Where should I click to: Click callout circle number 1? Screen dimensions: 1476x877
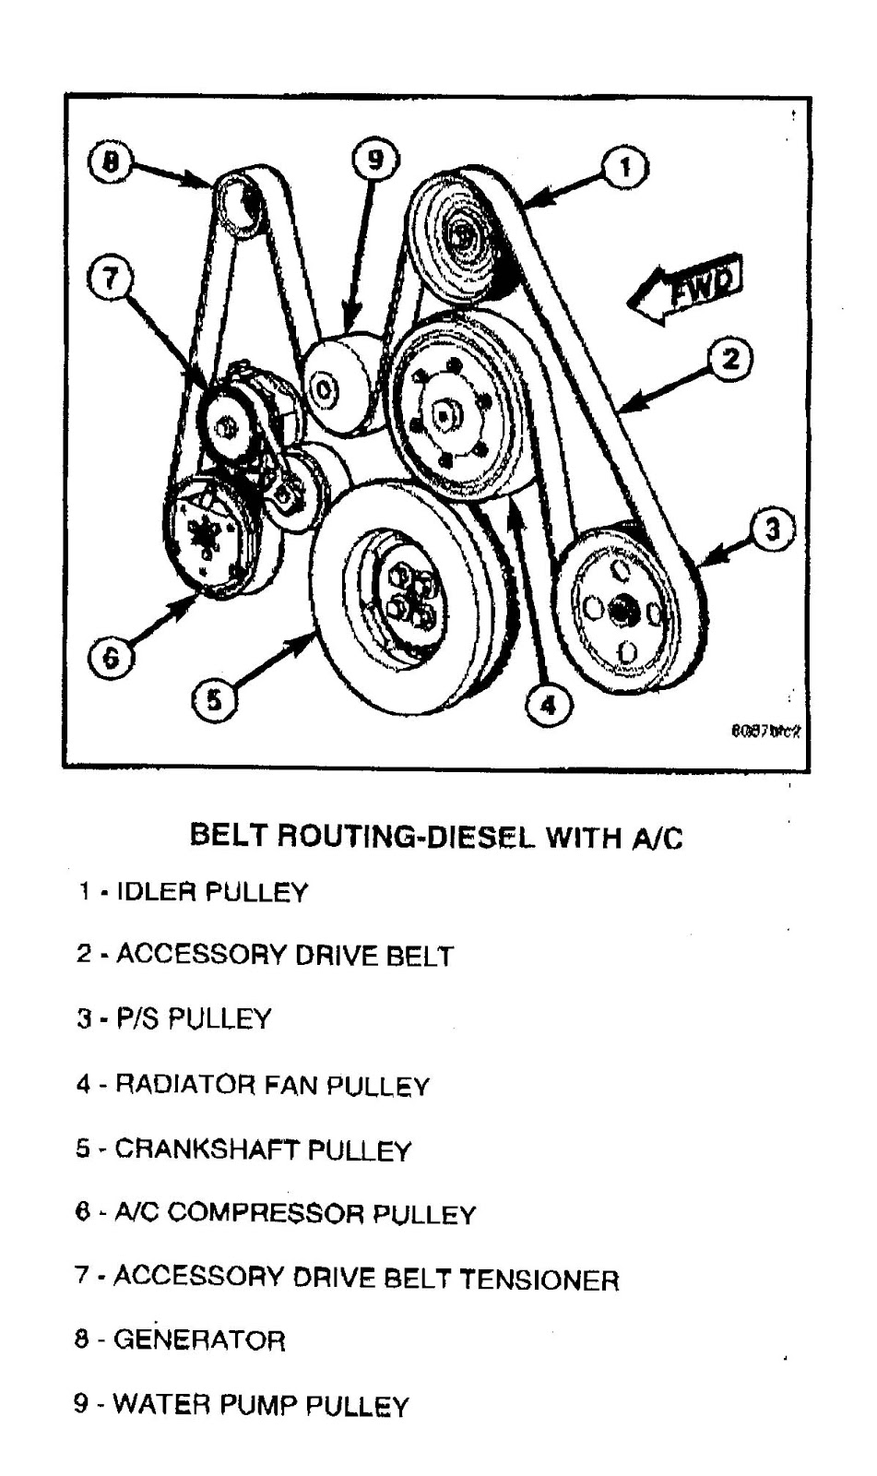[x=624, y=168]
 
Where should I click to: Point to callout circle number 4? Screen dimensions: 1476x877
[x=547, y=705]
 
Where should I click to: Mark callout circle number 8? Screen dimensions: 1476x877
[x=111, y=162]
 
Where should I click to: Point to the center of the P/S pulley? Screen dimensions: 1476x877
[x=620, y=609]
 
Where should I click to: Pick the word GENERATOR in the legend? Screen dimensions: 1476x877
[x=199, y=1339]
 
